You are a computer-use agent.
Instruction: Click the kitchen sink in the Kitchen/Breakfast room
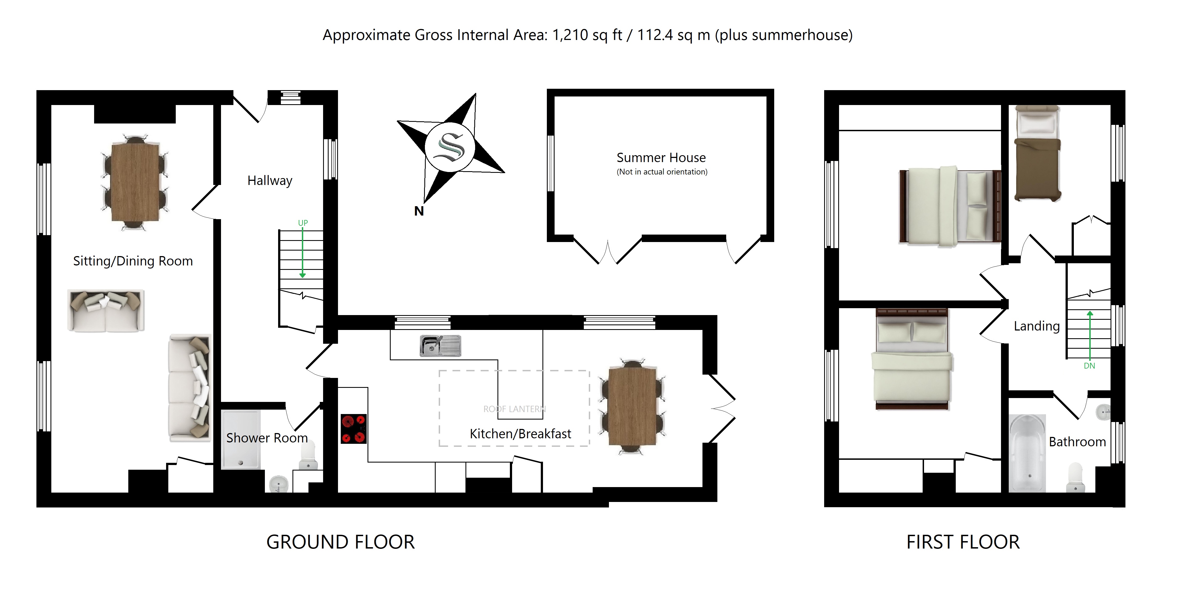pos(440,346)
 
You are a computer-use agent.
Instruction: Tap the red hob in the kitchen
pos(353,429)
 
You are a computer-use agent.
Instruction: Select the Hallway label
pos(270,181)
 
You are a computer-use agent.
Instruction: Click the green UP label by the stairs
pos(303,223)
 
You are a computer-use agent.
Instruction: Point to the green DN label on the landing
pos(1089,366)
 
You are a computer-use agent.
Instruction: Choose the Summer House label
pos(661,157)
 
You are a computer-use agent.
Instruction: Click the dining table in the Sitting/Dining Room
pos(135,182)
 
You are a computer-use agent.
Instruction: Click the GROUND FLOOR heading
pos(340,542)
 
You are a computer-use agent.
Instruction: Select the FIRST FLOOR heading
pos(963,542)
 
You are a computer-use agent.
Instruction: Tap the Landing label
pos(1037,326)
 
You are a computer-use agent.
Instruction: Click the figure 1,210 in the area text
pos(570,35)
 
